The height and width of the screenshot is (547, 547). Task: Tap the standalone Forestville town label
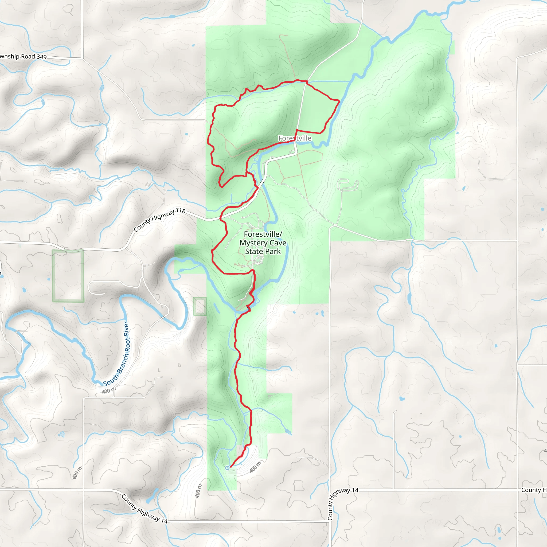point(295,138)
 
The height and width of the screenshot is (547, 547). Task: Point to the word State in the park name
point(254,251)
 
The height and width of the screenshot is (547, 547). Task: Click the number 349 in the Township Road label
point(41,57)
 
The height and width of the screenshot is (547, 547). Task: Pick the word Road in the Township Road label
point(28,56)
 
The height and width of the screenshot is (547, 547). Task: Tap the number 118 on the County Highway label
point(180,211)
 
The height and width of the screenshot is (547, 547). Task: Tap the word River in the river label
point(126,329)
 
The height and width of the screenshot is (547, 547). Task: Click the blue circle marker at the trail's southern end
point(227,468)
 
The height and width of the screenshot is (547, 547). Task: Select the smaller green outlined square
point(200,306)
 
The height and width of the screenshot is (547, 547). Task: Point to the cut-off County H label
point(534,490)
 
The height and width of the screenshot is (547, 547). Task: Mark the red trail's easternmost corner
point(339,100)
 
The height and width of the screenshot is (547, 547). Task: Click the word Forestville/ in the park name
point(263,235)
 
